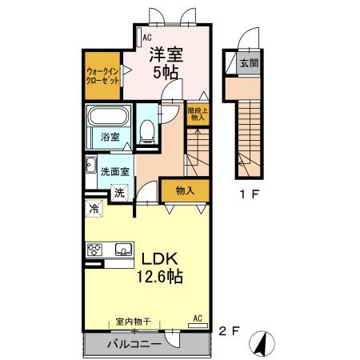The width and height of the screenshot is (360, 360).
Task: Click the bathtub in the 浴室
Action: coord(108,116)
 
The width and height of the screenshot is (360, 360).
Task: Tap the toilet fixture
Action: coord(147,131)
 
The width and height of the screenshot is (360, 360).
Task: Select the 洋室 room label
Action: coord(166,54)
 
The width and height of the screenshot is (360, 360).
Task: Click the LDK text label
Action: coord(159,258)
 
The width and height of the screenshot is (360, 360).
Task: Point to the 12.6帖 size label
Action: coord(160,276)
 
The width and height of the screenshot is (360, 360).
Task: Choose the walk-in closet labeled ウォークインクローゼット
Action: coord(102,76)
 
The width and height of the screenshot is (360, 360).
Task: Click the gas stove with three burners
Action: coord(94,250)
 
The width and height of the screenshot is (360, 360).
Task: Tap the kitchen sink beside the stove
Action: coord(124,250)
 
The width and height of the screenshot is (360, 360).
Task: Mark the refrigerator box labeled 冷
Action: coord(94,208)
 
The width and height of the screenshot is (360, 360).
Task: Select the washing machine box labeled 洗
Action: coord(119,193)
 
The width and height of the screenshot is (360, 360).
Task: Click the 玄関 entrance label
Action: coord(249,63)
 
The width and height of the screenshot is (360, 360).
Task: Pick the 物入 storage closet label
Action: coord(185,190)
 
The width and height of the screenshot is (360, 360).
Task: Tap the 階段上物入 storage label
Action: coord(198,114)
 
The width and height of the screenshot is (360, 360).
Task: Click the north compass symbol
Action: coord(262,343)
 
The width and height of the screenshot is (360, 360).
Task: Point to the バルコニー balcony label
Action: coord(134,344)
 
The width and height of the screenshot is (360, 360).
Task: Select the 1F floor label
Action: coord(250,194)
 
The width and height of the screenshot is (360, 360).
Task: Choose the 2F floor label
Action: coord(229,331)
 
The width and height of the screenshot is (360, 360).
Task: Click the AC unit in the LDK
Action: coord(198,326)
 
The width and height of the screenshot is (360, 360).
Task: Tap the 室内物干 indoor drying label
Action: coord(134,322)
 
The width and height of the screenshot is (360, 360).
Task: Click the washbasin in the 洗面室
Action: coord(91,165)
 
